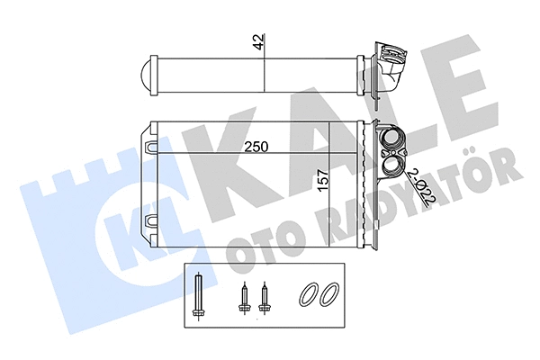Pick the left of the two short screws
242,297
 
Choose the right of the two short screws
263,297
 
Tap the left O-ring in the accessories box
309,295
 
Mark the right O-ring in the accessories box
329,295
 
